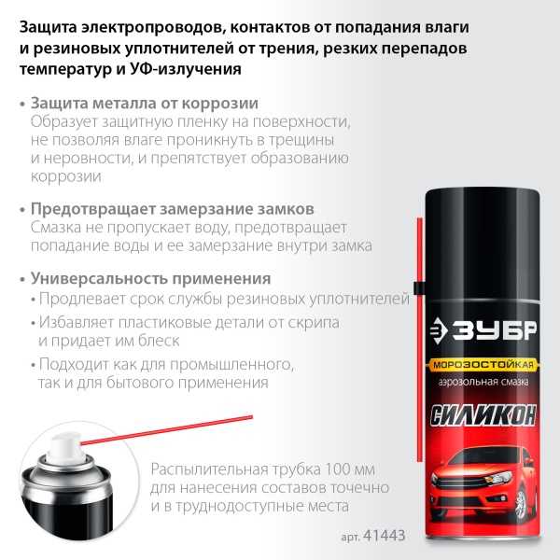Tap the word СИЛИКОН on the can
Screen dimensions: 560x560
(483, 414)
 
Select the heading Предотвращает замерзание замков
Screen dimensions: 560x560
(172, 208)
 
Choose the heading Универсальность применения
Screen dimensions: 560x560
(151, 278)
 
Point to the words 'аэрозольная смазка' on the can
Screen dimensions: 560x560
(483, 384)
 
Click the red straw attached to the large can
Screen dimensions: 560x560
(418, 271)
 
